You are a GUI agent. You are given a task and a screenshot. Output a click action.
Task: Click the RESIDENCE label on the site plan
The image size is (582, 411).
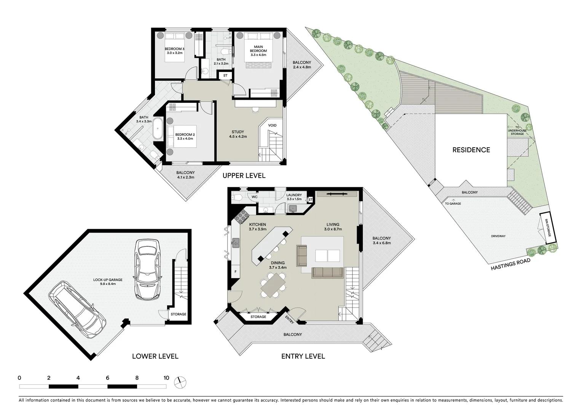click(471, 150)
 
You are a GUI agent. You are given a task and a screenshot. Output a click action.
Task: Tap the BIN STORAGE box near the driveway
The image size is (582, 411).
click(547, 227)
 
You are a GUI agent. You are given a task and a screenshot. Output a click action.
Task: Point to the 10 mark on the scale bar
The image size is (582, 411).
click(166, 378)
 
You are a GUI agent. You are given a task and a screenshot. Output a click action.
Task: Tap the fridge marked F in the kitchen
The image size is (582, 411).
click(235, 272)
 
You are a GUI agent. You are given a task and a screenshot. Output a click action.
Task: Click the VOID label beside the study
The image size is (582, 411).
click(272, 125)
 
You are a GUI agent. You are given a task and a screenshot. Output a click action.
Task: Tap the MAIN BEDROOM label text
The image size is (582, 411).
click(258, 49)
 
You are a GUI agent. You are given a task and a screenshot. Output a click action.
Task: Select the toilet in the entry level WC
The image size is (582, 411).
click(237, 197)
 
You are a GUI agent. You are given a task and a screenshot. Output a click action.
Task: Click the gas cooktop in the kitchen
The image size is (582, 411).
click(241, 217)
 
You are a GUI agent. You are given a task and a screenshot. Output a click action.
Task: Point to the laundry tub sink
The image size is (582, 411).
click(293, 208)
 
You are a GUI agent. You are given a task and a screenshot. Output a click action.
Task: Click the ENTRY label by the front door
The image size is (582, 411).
click(289, 320)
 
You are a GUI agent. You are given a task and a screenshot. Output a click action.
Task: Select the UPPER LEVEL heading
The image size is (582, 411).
click(244, 175)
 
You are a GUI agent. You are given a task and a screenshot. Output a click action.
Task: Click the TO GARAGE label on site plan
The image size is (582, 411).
click(453, 204)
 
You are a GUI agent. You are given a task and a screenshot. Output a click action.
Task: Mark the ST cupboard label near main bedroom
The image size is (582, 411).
click(225, 75)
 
